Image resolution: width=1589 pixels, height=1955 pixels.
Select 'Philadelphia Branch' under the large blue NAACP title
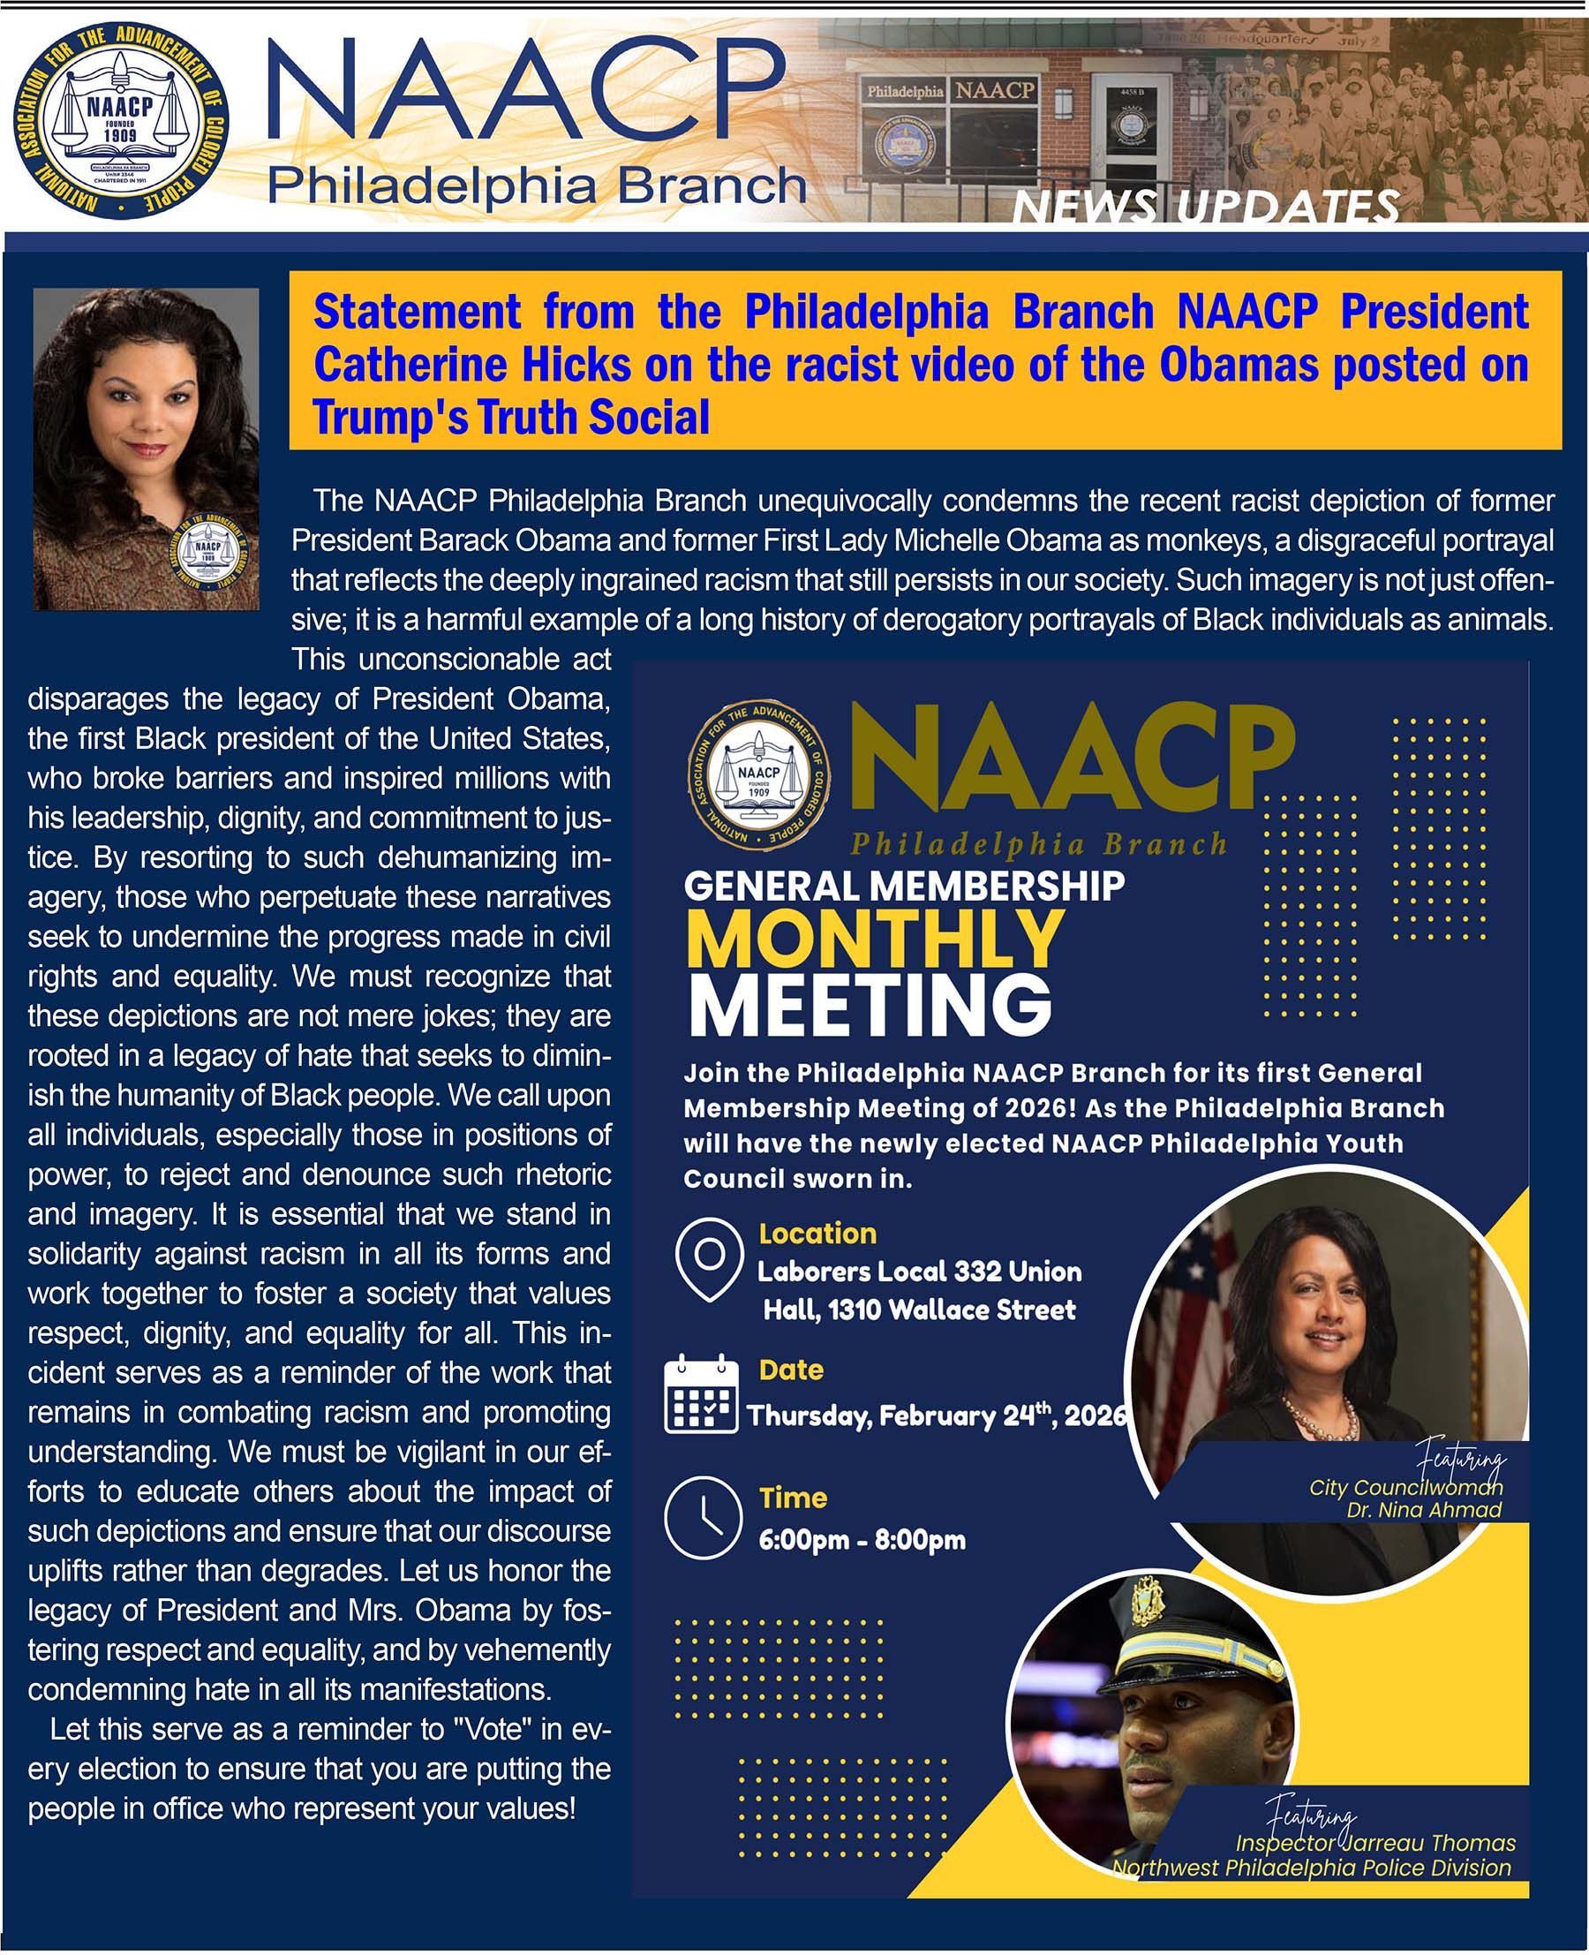click(x=537, y=186)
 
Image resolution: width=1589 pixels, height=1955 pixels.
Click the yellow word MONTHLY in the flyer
click(x=874, y=940)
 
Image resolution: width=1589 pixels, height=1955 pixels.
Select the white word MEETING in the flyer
click(x=870, y=1006)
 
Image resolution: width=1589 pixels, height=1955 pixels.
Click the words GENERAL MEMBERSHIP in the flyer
click(x=903, y=886)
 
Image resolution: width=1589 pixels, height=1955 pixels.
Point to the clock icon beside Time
click(x=702, y=1517)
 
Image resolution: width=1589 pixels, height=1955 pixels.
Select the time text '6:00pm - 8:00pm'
click(x=862, y=1539)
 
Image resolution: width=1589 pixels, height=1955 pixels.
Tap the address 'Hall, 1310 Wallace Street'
click(x=919, y=1310)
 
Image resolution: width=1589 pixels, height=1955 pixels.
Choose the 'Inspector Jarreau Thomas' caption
click(x=1374, y=1842)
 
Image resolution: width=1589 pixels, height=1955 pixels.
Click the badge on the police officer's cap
click(x=1147, y=1604)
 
